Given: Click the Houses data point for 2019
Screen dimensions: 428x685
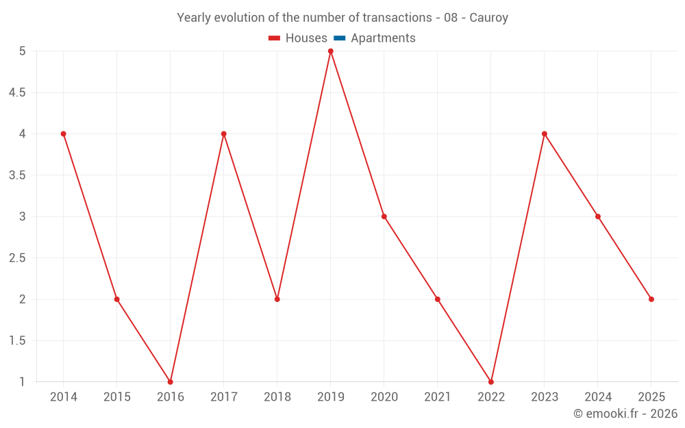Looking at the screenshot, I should [331, 51].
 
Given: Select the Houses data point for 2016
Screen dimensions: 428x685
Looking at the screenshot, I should [171, 382].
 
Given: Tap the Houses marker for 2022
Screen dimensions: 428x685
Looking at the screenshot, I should [491, 382].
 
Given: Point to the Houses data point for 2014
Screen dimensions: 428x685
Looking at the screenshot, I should [64, 134].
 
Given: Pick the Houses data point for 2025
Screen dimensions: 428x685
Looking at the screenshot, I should [651, 299].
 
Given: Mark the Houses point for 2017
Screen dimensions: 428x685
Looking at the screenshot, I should [224, 134].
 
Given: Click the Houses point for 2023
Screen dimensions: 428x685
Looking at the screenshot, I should [545, 134].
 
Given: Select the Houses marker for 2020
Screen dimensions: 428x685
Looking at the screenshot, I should [384, 216].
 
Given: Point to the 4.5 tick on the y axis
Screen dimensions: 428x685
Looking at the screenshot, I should [17, 92].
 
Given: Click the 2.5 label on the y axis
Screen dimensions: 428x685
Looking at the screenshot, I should [17, 258].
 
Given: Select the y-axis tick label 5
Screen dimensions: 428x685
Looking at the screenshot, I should [23, 51].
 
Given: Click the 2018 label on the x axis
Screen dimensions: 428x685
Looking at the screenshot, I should [277, 397].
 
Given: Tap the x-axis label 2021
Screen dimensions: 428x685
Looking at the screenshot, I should [438, 397].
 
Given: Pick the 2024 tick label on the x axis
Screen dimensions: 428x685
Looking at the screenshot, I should [598, 397].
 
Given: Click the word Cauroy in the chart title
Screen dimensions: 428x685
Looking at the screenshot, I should [488, 18].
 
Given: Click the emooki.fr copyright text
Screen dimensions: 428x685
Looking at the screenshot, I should [625, 414].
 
